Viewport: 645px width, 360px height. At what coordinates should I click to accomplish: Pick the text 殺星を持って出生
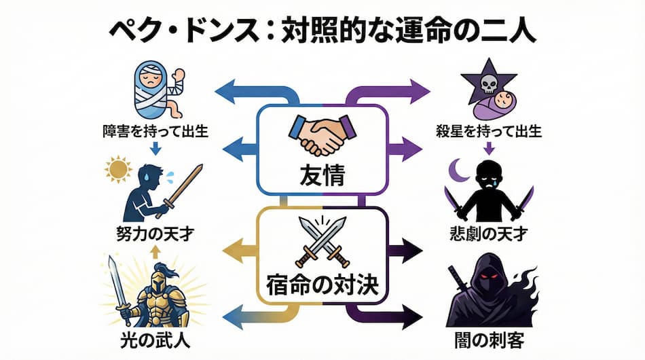coord(489,132)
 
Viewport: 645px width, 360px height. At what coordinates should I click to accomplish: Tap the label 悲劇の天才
coord(489,236)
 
